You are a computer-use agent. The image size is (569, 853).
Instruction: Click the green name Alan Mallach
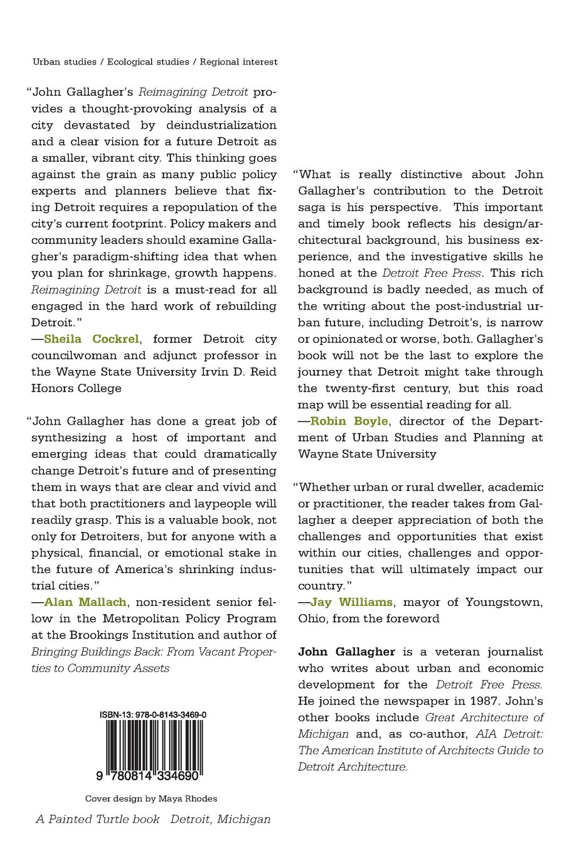tap(86, 602)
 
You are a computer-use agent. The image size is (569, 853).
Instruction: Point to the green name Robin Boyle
tap(349, 421)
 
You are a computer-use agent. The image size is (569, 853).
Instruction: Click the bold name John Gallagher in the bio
tap(346, 652)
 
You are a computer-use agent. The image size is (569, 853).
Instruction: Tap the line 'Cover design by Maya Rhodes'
tap(151, 798)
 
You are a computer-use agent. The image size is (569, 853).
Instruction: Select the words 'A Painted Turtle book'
tap(97, 819)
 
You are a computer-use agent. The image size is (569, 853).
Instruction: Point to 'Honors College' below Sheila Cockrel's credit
tap(76, 388)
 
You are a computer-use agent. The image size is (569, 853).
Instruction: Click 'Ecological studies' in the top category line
tap(148, 62)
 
